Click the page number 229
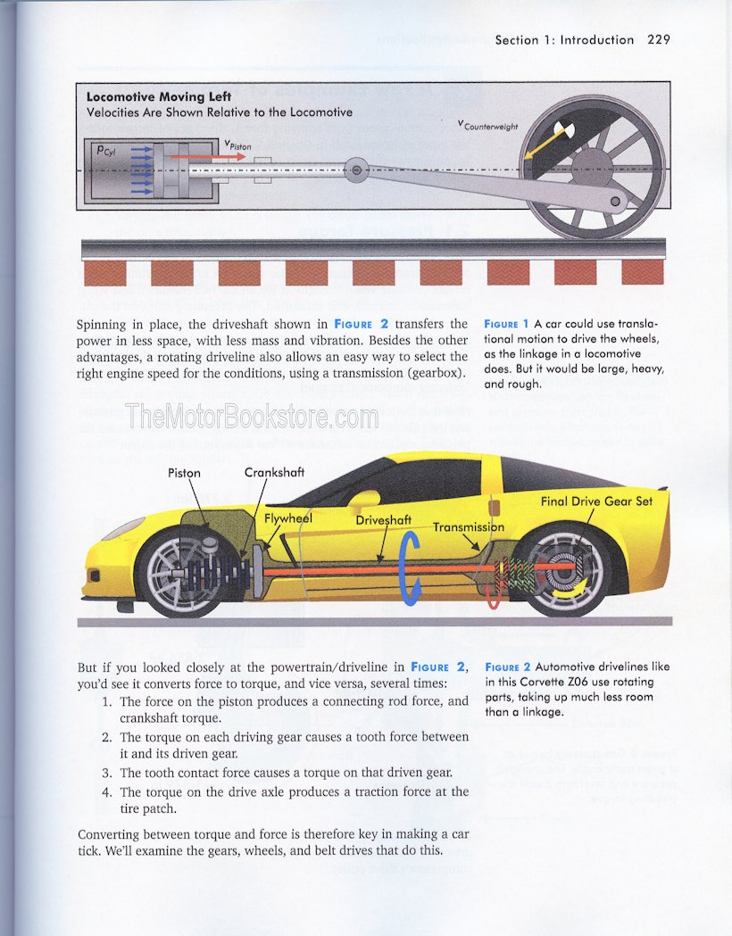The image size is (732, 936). (659, 39)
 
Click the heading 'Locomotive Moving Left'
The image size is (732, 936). (159, 96)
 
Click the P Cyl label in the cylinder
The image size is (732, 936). (105, 151)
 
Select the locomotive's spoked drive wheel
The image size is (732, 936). (592, 168)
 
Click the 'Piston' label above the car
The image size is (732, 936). (184, 473)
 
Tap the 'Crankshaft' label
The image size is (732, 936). (274, 472)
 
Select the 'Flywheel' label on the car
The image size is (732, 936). (287, 518)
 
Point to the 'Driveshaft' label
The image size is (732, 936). (384, 519)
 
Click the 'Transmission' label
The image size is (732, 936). (469, 526)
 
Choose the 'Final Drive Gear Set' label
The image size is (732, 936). (596, 501)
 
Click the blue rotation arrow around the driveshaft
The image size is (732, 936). (411, 567)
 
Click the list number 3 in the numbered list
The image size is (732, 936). (106, 771)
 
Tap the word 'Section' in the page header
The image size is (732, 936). (517, 39)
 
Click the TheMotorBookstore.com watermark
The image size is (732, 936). (253, 416)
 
